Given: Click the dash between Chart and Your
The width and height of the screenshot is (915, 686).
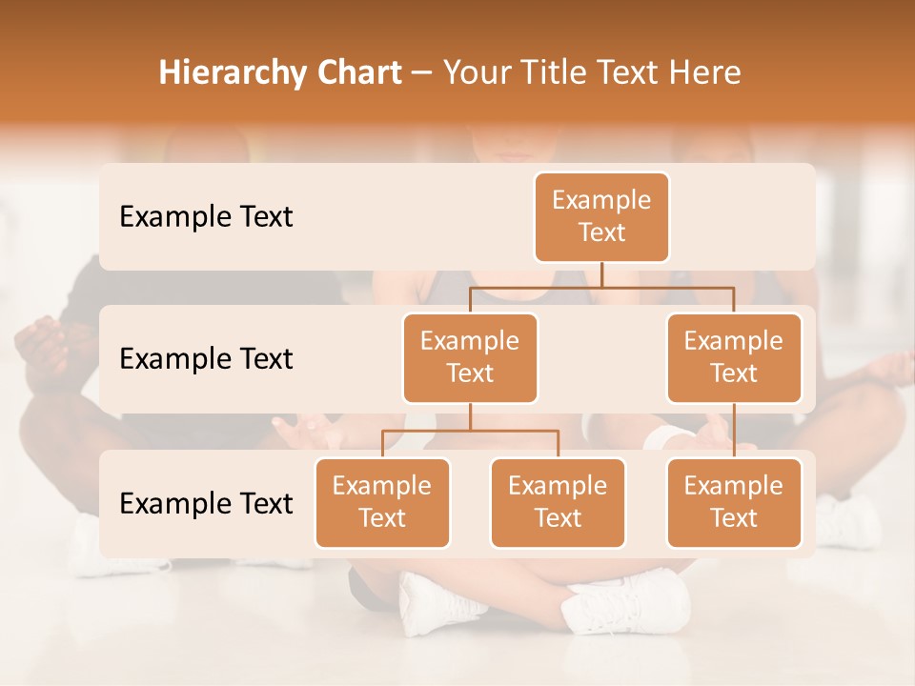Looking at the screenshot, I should [422, 73].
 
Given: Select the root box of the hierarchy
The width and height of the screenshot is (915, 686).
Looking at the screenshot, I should [601, 216].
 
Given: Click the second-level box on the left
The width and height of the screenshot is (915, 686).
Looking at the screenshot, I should [470, 357].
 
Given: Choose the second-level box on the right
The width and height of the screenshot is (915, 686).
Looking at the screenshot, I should [734, 357].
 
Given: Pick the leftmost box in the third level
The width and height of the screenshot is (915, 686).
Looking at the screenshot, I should [382, 502].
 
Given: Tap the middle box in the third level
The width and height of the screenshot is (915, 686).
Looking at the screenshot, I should [558, 502].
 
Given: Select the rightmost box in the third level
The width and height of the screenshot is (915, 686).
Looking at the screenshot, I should [734, 502].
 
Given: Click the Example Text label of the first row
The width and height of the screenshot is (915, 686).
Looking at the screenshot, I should [206, 216].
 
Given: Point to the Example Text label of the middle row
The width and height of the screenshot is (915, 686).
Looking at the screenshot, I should [206, 358].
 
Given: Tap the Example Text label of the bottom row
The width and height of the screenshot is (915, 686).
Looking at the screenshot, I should [206, 503].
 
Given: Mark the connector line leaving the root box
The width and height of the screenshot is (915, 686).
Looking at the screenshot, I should [601, 274].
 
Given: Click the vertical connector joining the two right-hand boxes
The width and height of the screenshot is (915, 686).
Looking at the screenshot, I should [734, 430].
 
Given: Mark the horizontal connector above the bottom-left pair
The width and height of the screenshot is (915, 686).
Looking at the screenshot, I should [470, 431].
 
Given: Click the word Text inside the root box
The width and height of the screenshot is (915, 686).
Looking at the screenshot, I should [601, 232].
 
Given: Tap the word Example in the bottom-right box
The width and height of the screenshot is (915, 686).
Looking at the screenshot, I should [734, 486].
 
